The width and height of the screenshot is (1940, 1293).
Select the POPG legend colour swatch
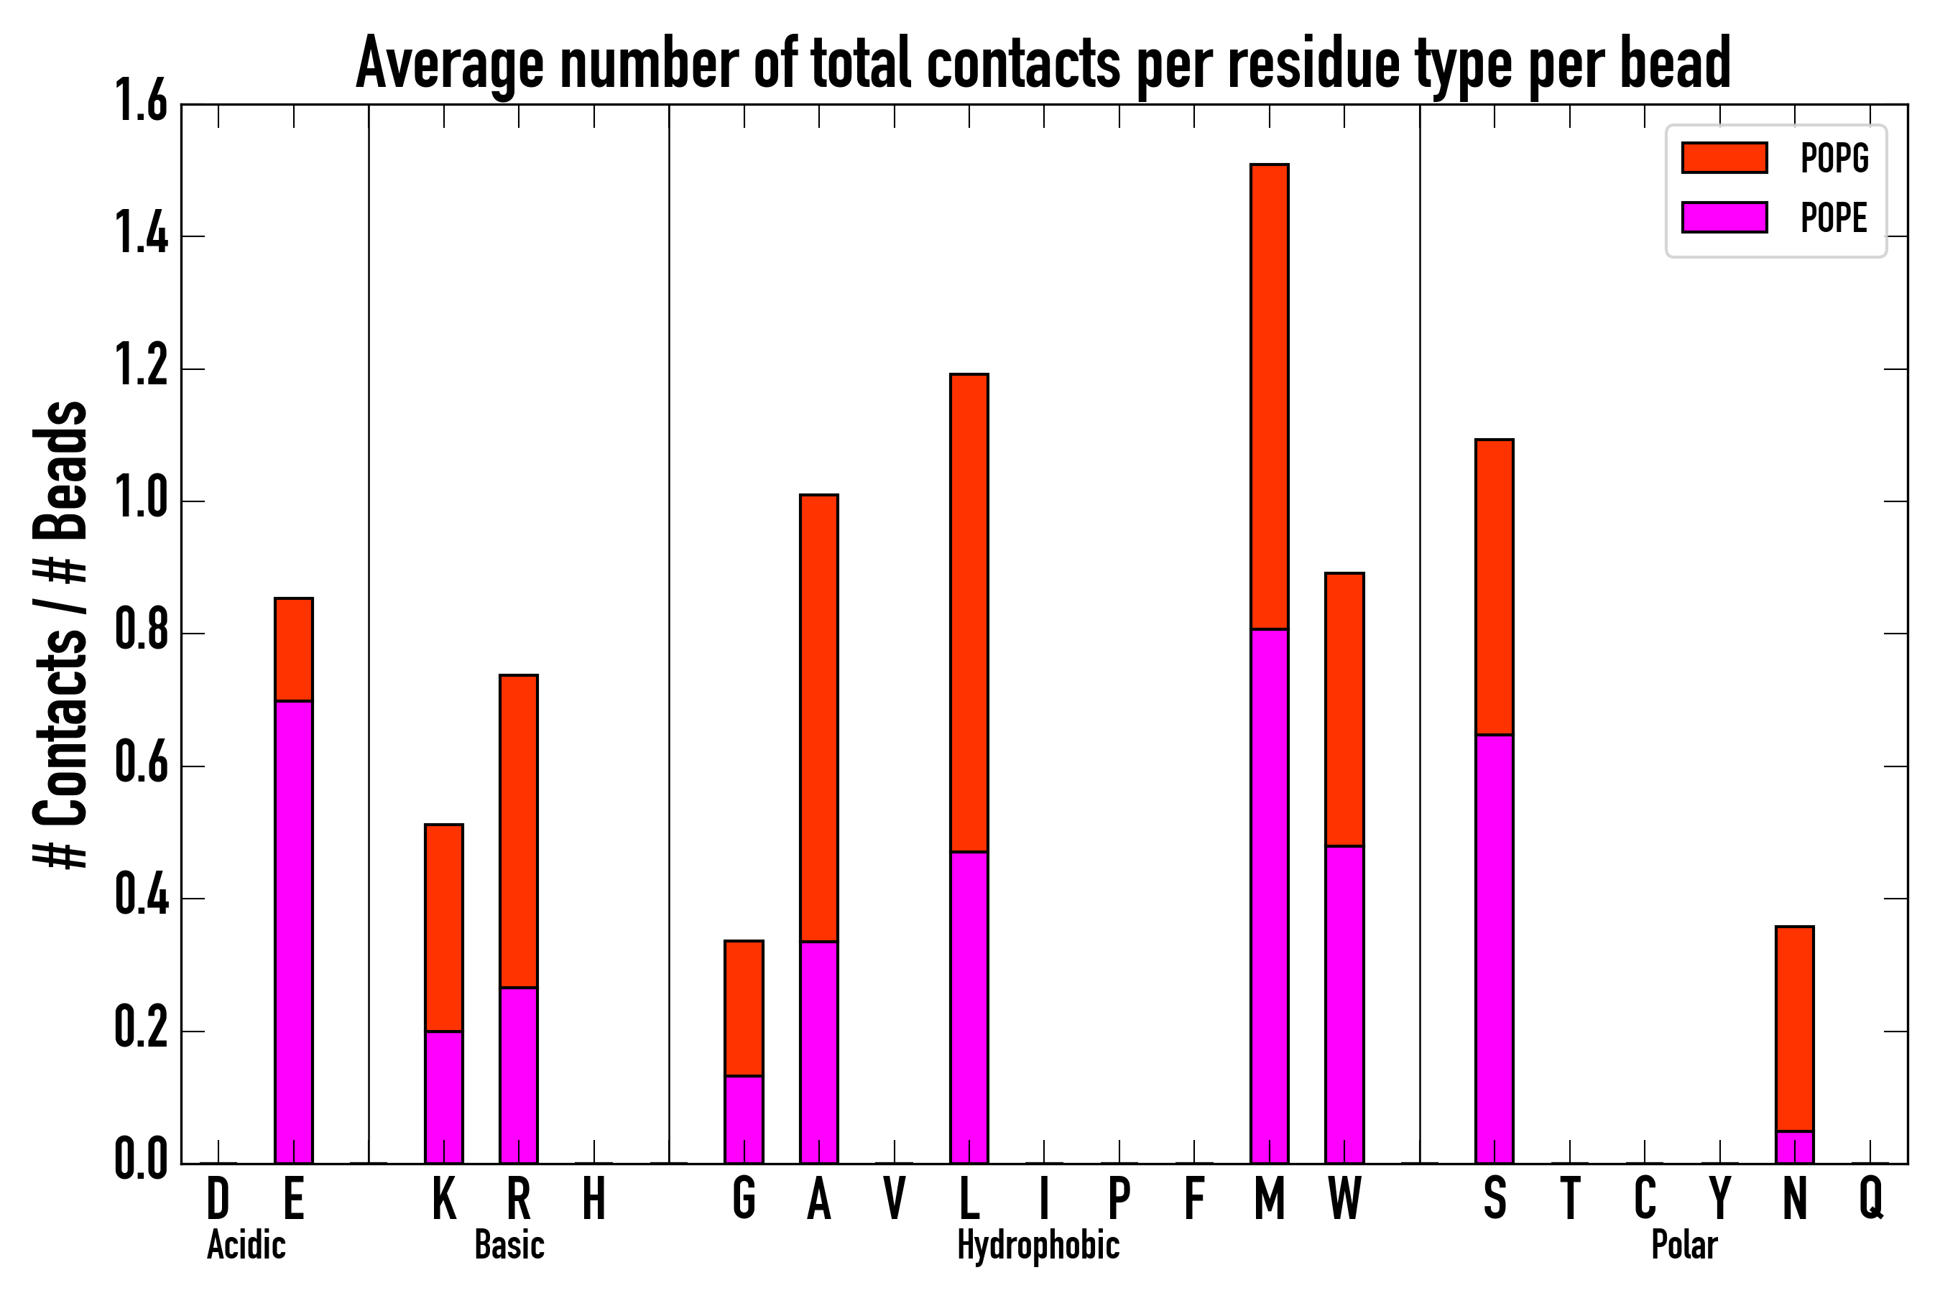pos(1724,157)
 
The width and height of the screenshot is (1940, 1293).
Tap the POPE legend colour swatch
pos(1724,218)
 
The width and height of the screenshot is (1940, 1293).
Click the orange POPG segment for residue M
pos(1269,397)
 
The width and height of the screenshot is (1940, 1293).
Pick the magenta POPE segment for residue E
pos(294,932)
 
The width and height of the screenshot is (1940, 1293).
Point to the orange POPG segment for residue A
pos(818,718)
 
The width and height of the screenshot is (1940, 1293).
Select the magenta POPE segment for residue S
pos(1494,948)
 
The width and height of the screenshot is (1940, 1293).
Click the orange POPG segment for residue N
pos(1794,1029)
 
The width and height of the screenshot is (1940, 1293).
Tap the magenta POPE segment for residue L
pos(969,1007)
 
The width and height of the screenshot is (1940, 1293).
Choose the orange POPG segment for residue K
pos(444,927)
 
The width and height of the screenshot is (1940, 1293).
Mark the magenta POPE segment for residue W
pos(1344,1004)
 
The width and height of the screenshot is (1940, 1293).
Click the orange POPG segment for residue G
pos(743,1008)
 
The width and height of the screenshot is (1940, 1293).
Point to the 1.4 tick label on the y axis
pos(142,236)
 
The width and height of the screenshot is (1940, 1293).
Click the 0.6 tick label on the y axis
pos(142,766)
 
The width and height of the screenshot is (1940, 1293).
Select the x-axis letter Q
pos(1871,1198)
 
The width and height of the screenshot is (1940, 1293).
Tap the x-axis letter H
pos(594,1198)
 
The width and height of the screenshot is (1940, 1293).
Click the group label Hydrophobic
pos(1038,1245)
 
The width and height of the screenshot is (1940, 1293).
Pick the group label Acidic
pos(246,1245)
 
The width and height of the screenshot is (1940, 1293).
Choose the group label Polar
pos(1684,1245)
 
